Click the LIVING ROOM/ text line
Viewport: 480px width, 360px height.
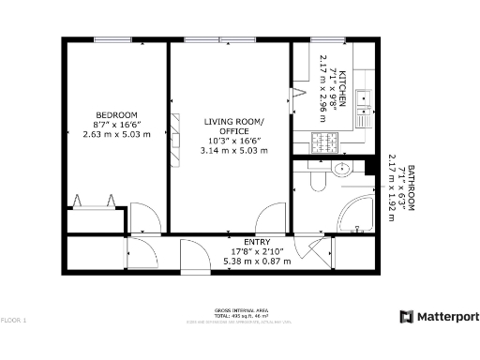(x=234, y=123)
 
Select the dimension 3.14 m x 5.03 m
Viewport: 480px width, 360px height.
(x=234, y=151)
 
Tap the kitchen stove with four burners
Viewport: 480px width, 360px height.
(x=325, y=142)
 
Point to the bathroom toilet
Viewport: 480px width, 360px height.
(x=317, y=178)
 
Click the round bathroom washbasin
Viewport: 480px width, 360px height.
(x=342, y=170)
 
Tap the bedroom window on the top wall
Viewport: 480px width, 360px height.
(x=112, y=39)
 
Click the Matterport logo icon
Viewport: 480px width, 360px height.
(x=407, y=317)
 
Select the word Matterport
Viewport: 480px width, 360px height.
(x=447, y=317)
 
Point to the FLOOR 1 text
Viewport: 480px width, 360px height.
(x=14, y=321)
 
